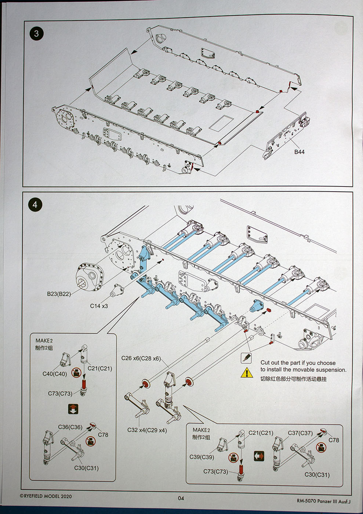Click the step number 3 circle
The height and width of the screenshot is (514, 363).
[36, 34]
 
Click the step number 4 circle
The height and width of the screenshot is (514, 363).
[35, 205]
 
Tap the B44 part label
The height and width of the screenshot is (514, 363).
[299, 152]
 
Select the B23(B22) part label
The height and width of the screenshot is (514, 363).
[59, 294]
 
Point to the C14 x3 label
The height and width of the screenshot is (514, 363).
[99, 306]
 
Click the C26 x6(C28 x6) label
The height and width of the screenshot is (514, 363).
[141, 358]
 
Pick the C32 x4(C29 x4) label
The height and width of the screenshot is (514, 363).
[147, 430]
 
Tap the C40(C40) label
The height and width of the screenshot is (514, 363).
[55, 374]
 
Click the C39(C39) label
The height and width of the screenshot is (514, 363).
[202, 457]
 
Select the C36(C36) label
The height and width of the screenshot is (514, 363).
[70, 427]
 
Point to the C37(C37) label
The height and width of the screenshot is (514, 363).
[300, 433]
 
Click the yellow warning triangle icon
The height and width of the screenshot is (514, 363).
[247, 373]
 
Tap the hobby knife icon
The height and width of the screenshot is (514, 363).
[246, 358]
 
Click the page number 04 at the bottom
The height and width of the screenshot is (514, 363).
[181, 498]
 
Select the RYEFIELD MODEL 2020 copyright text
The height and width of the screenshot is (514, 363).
[46, 496]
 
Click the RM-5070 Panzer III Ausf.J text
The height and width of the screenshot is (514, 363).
[323, 501]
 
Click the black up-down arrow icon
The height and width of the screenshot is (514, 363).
[73, 409]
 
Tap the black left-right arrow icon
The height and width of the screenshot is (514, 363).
[259, 456]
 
